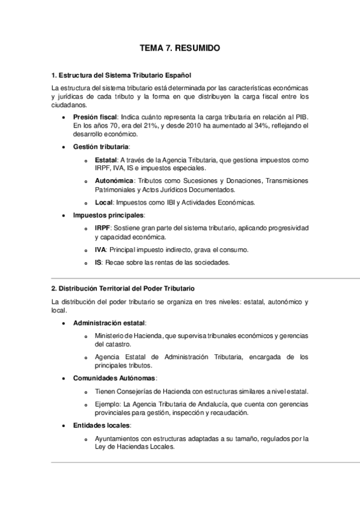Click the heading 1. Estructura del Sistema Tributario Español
click(121, 75)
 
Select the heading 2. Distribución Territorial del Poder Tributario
click(123, 289)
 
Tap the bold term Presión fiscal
click(95, 115)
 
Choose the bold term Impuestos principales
click(108, 215)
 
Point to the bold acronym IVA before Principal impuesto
click(100, 249)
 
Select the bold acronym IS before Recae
click(99, 262)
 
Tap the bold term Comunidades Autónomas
click(114, 378)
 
